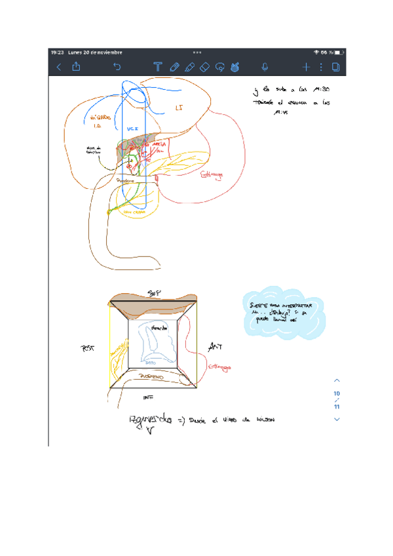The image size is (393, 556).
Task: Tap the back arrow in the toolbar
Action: click(x=59, y=67)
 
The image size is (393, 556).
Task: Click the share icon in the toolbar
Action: click(x=76, y=66)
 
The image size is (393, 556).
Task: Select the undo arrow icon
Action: click(x=117, y=66)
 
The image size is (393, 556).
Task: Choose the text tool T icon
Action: click(x=157, y=67)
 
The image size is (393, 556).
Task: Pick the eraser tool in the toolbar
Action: click(x=204, y=67)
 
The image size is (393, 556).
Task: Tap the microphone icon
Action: click(x=265, y=67)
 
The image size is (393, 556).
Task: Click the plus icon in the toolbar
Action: click(x=306, y=67)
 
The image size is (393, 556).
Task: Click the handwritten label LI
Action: click(x=180, y=108)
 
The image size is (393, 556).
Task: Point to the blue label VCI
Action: click(x=132, y=130)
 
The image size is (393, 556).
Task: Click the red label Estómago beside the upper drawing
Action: click(x=212, y=174)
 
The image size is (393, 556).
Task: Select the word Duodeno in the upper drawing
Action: click(x=126, y=180)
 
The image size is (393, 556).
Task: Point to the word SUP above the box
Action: click(x=153, y=292)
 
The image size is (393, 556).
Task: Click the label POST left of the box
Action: click(x=88, y=349)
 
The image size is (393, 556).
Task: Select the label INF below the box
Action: click(x=147, y=397)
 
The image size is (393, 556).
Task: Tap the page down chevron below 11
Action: click(x=337, y=419)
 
